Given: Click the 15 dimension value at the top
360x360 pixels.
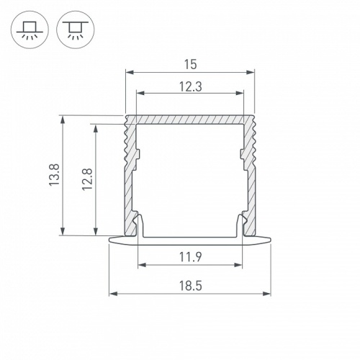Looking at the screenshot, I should (190, 64).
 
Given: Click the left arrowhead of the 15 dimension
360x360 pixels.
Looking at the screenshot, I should (129, 72).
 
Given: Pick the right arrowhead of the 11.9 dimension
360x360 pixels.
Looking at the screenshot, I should (240, 264).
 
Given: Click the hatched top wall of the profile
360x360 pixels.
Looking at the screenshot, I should (190, 120).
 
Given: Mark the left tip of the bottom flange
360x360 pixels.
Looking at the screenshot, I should (110, 238).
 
